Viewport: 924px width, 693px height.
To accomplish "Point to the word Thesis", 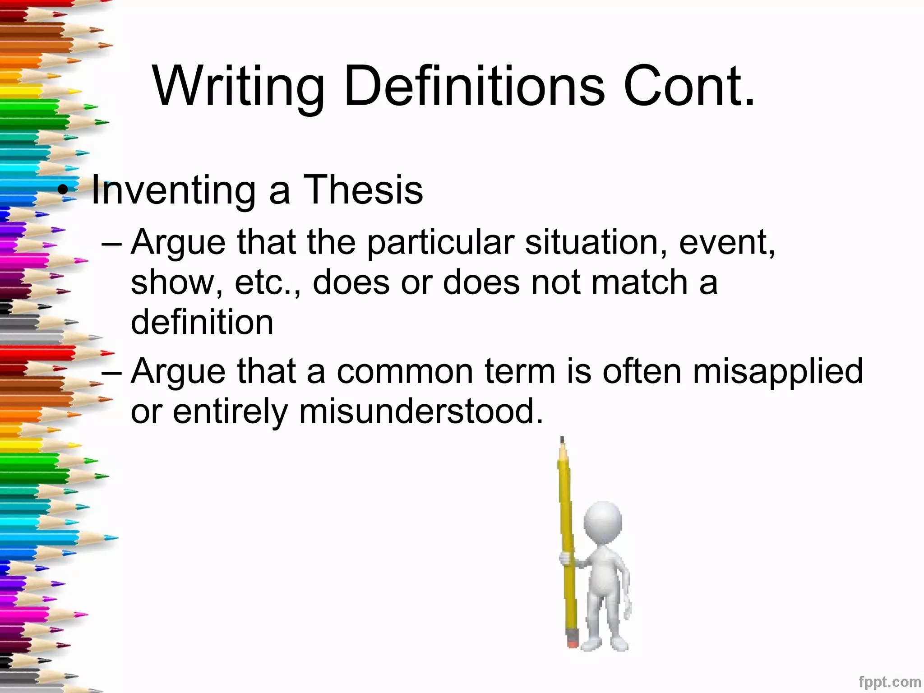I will tap(363, 189).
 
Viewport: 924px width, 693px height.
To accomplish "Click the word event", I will tap(726, 243).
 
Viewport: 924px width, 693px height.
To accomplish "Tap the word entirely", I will tap(230, 412).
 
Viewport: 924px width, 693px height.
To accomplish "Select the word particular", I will tap(440, 243).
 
